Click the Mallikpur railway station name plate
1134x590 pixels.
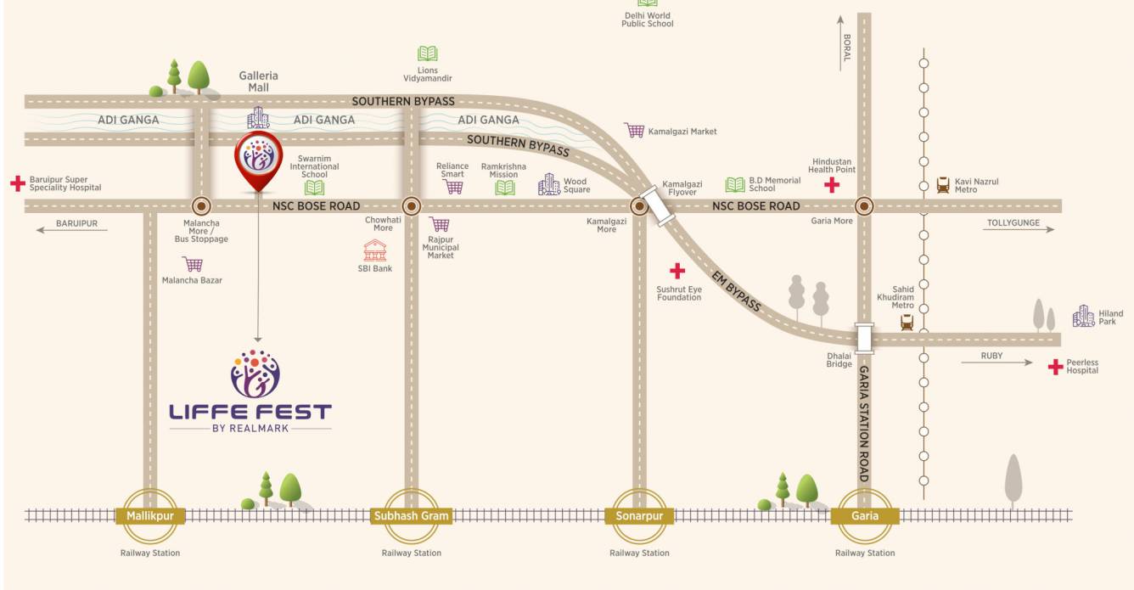pyautogui.click(x=149, y=515)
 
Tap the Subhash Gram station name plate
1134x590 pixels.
pyautogui.click(x=411, y=515)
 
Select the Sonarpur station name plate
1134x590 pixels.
pyautogui.click(x=638, y=515)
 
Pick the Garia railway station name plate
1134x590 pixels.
pyautogui.click(x=864, y=515)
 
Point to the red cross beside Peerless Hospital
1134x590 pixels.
pyautogui.click(x=1055, y=367)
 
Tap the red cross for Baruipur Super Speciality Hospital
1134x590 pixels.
pyautogui.click(x=17, y=183)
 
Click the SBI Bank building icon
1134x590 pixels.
pyautogui.click(x=375, y=250)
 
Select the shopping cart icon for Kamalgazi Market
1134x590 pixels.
pyautogui.click(x=634, y=131)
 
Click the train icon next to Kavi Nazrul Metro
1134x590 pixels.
pyautogui.click(x=942, y=185)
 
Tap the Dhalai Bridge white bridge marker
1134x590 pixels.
pyautogui.click(x=864, y=338)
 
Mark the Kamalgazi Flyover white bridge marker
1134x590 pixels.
pyautogui.click(x=660, y=205)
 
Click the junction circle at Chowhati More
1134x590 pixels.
pyautogui.click(x=411, y=205)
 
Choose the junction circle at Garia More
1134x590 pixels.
pyautogui.click(x=864, y=205)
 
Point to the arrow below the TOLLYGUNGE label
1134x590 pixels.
pyautogui.click(x=1019, y=230)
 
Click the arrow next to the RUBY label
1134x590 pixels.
pyautogui.click(x=996, y=363)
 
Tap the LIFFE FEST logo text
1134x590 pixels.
pyautogui.click(x=250, y=413)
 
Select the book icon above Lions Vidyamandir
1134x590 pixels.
pyautogui.click(x=427, y=53)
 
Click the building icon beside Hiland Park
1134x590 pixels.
pyautogui.click(x=1083, y=316)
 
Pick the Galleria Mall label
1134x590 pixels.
pyautogui.click(x=258, y=81)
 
